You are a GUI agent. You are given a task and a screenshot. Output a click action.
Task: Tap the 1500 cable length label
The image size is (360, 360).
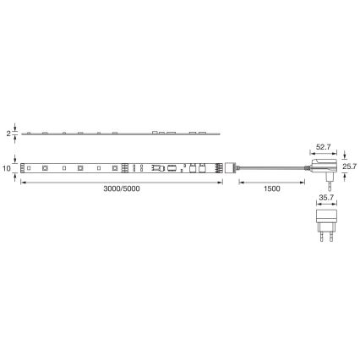[x=272, y=188]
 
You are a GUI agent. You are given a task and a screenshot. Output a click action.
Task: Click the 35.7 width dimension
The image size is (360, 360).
[x=325, y=199]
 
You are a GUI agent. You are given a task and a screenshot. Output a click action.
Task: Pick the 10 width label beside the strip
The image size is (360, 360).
[x=7, y=169]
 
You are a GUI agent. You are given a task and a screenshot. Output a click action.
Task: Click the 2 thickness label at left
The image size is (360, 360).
[x=8, y=134]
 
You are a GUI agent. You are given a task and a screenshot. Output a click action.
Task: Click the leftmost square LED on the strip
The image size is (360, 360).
[x=30, y=168]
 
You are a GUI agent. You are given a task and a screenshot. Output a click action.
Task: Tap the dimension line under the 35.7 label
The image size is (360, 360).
[x=325, y=205]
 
